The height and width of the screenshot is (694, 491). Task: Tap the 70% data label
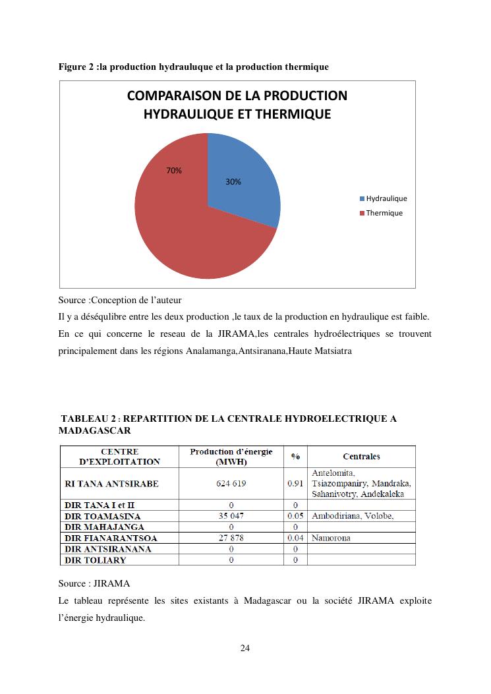174,171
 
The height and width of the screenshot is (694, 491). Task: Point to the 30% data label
233,182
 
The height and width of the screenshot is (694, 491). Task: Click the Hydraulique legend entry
386,198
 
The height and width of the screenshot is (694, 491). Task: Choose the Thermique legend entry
384,213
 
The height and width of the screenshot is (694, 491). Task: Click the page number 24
245,648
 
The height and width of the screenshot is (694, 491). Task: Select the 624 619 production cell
231,484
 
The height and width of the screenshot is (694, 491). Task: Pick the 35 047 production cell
231,516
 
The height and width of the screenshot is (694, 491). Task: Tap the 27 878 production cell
231,538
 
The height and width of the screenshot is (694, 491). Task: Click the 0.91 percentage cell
295,484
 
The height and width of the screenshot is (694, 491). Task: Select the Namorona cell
331,538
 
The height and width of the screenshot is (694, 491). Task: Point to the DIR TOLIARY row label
96,560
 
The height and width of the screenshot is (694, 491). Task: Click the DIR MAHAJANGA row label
104,527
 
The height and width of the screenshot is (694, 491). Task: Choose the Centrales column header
361,457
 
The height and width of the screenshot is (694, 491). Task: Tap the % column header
295,457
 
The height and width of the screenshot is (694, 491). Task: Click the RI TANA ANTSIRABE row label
112,484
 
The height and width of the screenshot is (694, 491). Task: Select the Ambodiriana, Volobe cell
353,516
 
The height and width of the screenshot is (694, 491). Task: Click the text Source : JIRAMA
94,583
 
